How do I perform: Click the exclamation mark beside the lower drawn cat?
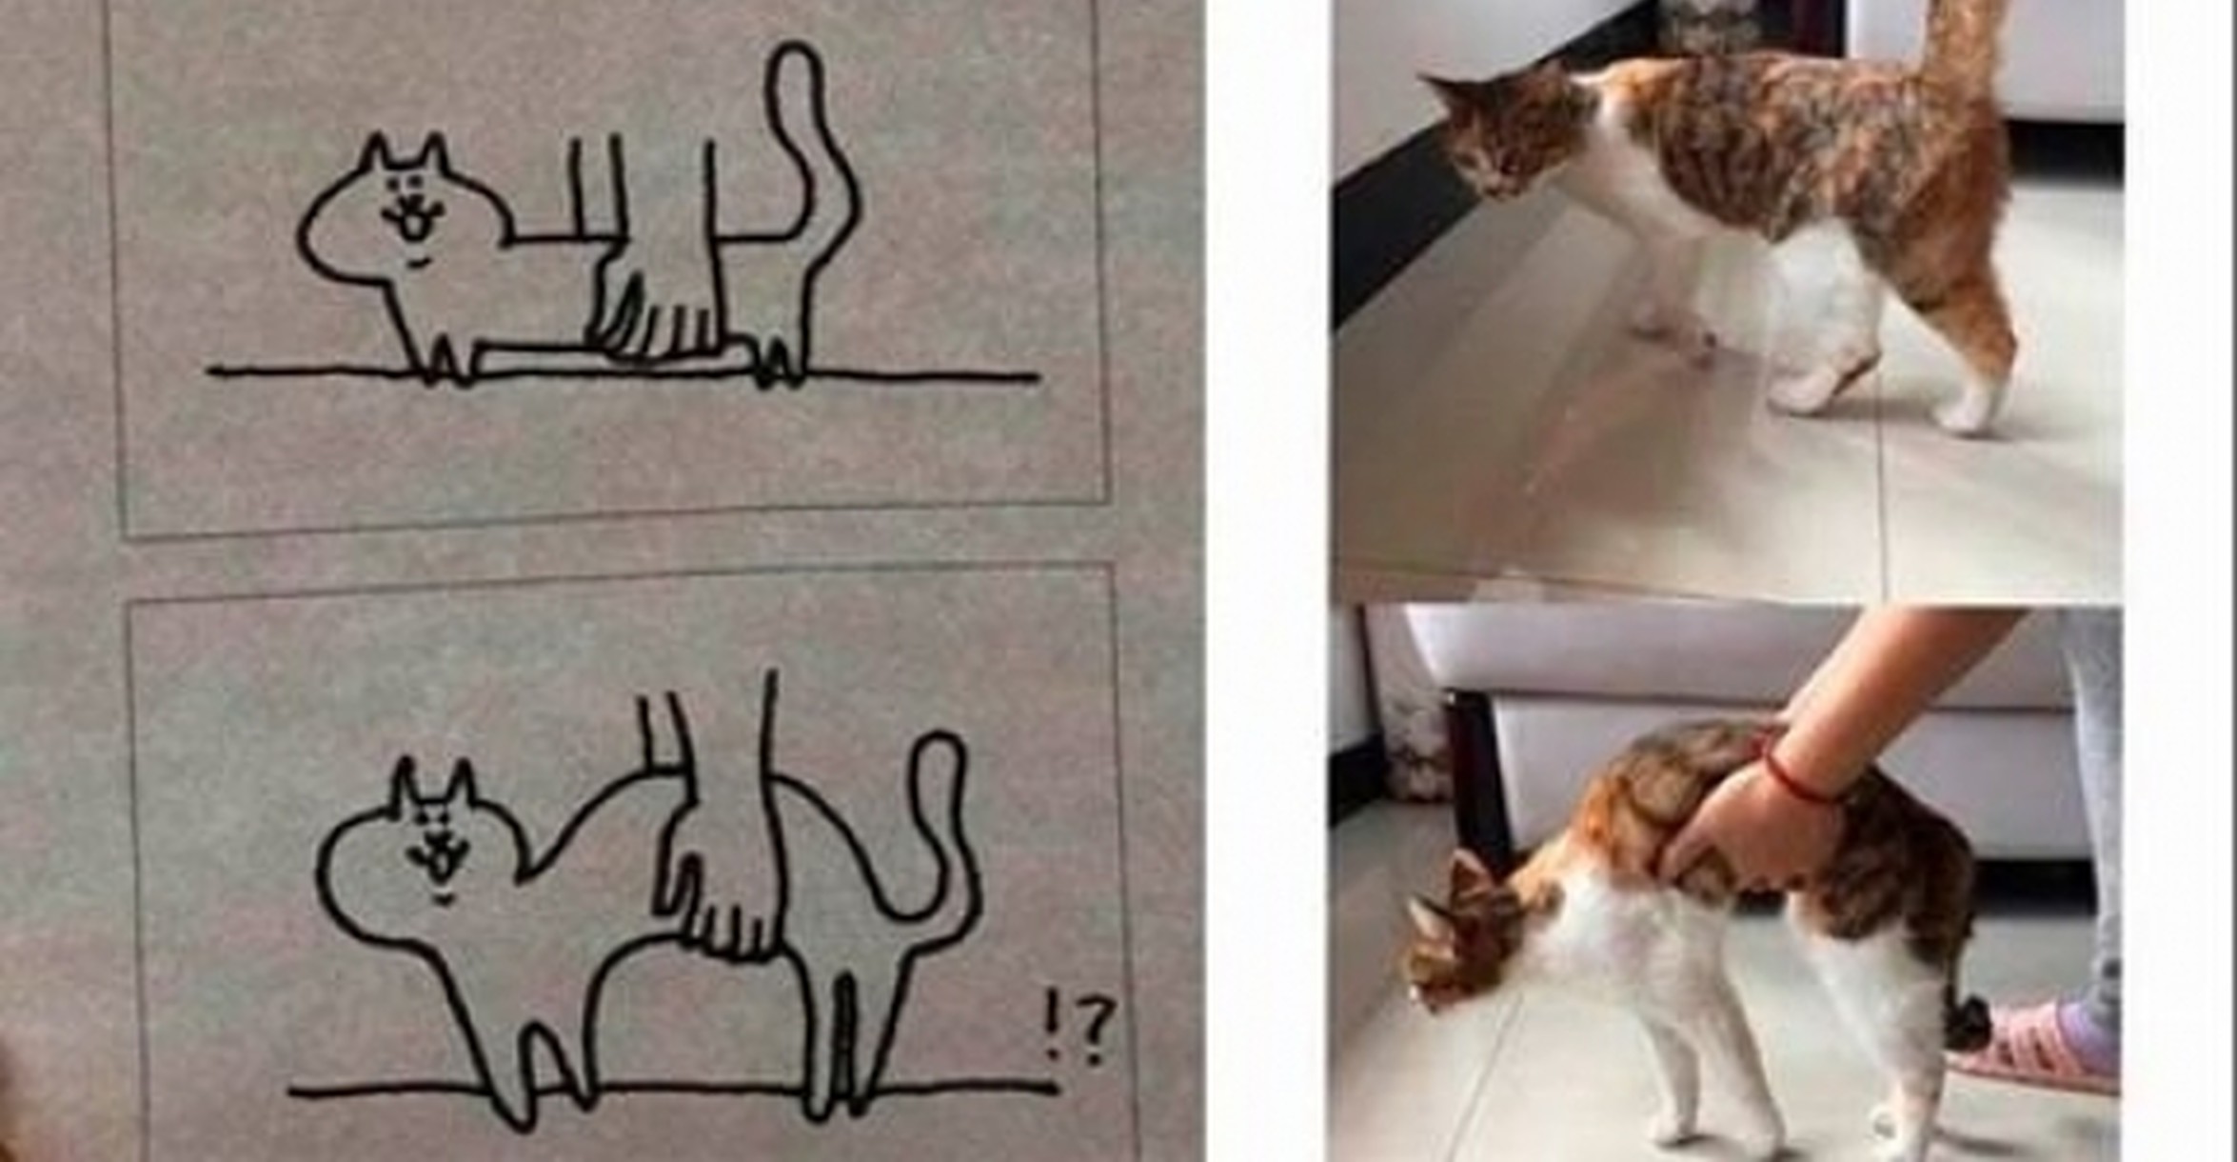point(1052,1024)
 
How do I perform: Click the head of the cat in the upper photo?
point(1495,133)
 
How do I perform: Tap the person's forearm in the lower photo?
point(1894,695)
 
